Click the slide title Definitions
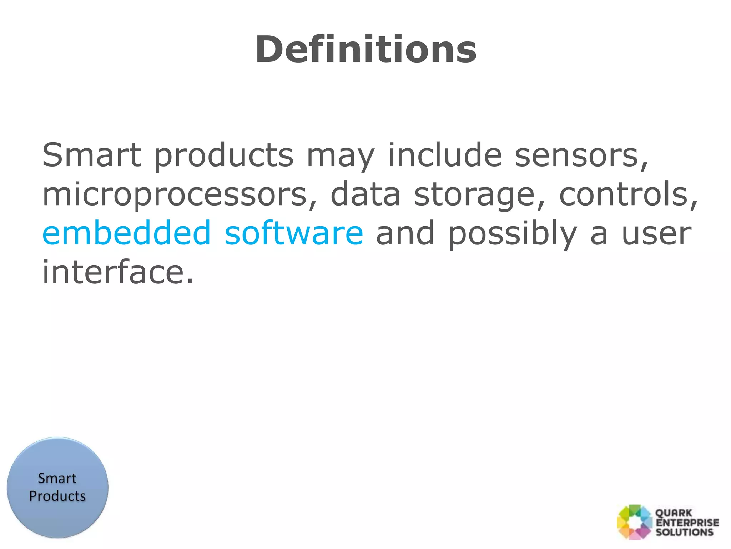[366, 50]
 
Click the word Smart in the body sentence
[92, 155]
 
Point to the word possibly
[512, 234]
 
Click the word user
[656, 234]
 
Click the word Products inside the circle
[57, 496]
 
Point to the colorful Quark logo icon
[634, 522]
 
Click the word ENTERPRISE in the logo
[687, 523]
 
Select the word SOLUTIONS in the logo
[685, 532]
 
